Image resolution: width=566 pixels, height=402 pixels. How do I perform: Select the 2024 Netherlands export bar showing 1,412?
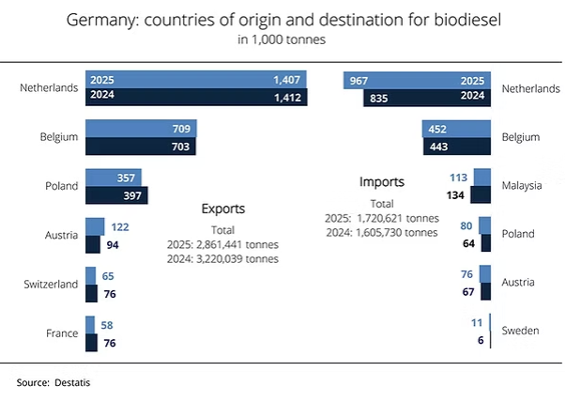click(x=188, y=96)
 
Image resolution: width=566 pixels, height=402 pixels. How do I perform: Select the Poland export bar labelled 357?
click(x=113, y=178)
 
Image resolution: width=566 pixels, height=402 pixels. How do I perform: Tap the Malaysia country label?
click(x=522, y=185)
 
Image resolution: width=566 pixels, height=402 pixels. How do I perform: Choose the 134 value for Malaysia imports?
click(x=455, y=194)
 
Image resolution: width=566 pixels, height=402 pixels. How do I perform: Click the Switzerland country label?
click(x=50, y=283)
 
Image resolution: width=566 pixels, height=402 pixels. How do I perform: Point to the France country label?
click(x=63, y=332)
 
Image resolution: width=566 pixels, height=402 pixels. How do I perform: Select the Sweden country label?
click(x=519, y=332)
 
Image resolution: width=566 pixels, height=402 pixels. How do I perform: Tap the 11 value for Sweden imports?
click(x=476, y=323)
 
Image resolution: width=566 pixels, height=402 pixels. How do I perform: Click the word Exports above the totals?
click(x=223, y=209)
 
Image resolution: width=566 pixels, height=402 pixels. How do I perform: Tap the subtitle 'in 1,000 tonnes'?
click(x=283, y=39)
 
